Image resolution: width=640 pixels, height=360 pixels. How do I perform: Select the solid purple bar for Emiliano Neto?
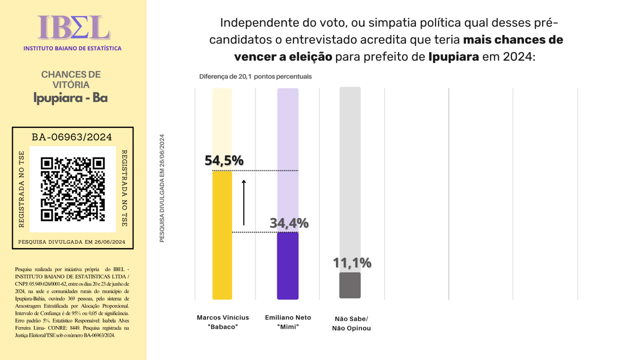pyautogui.click(x=288, y=266)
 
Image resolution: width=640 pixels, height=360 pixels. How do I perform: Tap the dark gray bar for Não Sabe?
pyautogui.click(x=350, y=285)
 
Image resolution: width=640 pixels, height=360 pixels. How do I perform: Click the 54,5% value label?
pyautogui.click(x=224, y=161)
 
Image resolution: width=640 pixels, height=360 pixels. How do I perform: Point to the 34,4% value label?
pyautogui.click(x=289, y=223)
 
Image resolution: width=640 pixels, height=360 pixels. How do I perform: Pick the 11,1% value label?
pyautogui.click(x=352, y=263)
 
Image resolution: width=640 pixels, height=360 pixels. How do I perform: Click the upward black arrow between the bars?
pyautogui.click(x=244, y=202)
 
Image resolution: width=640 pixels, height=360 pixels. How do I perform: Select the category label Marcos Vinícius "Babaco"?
pyautogui.click(x=223, y=322)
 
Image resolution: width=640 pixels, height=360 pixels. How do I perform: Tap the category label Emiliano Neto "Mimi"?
pyautogui.click(x=288, y=322)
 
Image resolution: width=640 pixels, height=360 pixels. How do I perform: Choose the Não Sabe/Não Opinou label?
pyautogui.click(x=351, y=323)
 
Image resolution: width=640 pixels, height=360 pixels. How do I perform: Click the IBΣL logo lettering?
pyautogui.click(x=74, y=28)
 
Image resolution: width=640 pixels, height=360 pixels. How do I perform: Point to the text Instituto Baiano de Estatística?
pyautogui.click(x=72, y=48)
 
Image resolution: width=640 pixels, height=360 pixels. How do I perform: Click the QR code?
pyautogui.click(x=73, y=189)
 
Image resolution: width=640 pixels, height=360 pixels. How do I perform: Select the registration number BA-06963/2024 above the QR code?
pyautogui.click(x=72, y=137)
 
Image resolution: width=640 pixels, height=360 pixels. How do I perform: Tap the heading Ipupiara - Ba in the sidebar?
pyautogui.click(x=70, y=98)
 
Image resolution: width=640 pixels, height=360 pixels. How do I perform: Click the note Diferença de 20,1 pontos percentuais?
pyautogui.click(x=255, y=76)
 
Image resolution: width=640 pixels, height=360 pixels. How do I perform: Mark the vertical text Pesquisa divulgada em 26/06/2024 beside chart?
pyautogui.click(x=162, y=188)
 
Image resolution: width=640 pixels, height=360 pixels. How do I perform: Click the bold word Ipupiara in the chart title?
pyautogui.click(x=453, y=57)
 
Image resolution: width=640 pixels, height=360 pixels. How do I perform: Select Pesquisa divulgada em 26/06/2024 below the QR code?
pyautogui.click(x=72, y=242)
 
